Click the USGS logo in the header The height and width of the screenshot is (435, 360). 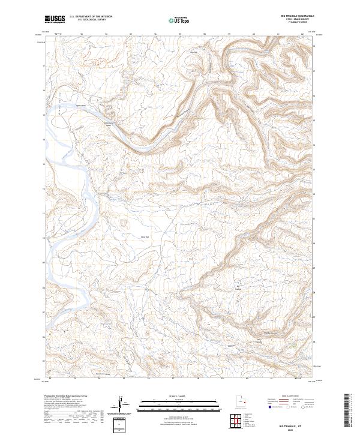point(55,20)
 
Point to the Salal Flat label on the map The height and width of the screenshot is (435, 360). point(144,236)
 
